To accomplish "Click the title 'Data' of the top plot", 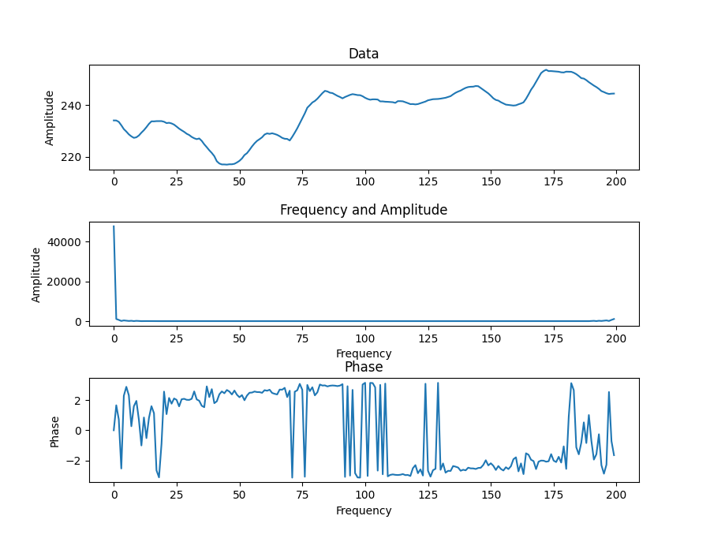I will pos(364,54).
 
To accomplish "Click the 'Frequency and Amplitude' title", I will pos(364,210).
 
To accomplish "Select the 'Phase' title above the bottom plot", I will pos(364,367).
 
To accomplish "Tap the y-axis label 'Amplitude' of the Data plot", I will pos(50,118).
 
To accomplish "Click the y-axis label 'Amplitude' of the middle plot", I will pos(35,275).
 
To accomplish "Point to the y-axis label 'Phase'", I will pos(54,431).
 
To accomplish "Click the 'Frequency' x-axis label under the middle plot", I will pos(364,353).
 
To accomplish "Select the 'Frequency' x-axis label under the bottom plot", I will pos(364,510).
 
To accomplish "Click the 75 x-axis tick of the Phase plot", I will pos(302,495).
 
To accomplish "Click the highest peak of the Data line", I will pos(546,69).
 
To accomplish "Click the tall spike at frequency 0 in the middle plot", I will pos(114,227).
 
